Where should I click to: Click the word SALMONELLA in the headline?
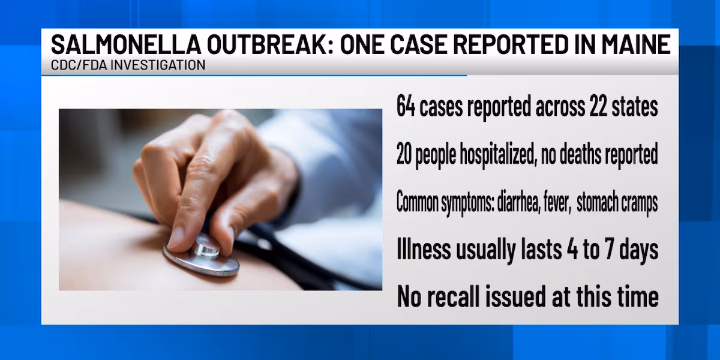(126, 44)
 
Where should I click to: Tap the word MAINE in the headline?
(636, 44)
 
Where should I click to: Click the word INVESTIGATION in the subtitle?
(158, 65)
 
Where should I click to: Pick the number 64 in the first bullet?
(406, 106)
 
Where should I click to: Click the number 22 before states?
(598, 106)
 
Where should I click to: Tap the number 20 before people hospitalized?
(404, 155)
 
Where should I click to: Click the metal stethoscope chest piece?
(202, 257)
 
